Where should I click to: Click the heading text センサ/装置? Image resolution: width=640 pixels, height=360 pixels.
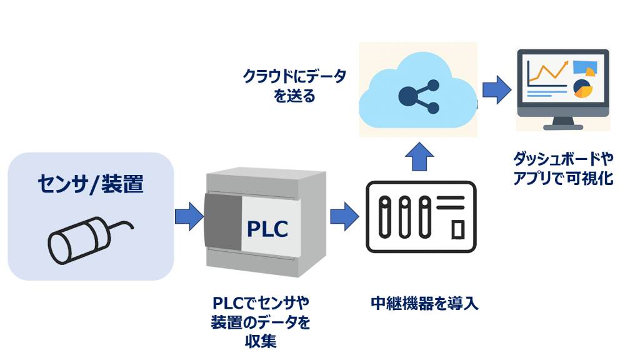[91, 184]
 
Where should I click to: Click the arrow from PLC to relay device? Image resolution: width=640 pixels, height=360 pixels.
[344, 216]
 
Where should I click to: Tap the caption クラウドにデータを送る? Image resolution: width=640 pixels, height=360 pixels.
[294, 86]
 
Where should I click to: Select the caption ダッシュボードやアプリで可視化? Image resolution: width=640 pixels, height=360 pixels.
[563, 169]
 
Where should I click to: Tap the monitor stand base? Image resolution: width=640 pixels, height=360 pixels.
[563, 127]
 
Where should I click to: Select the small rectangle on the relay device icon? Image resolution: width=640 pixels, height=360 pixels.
[458, 229]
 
